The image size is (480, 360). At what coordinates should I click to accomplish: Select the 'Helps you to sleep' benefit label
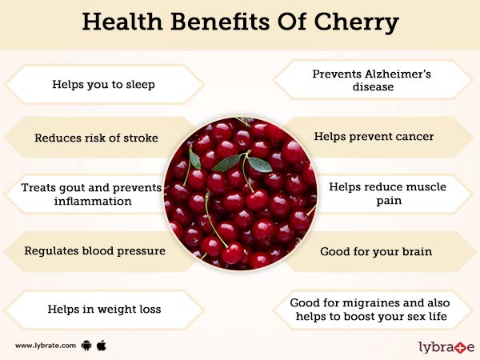point(104,84)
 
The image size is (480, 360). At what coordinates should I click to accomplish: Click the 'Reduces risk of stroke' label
point(96,138)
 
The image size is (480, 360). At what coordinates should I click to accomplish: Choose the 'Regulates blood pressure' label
point(94,250)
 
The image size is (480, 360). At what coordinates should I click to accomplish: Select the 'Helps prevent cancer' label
point(374,137)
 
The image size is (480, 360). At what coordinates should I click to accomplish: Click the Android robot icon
point(87,346)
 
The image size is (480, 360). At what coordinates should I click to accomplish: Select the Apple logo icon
point(102,345)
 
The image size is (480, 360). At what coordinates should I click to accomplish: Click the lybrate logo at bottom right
point(446,346)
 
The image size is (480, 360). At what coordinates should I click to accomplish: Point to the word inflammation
point(94,201)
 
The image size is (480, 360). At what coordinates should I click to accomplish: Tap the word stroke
point(141,138)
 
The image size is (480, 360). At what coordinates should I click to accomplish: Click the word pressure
point(141,250)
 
